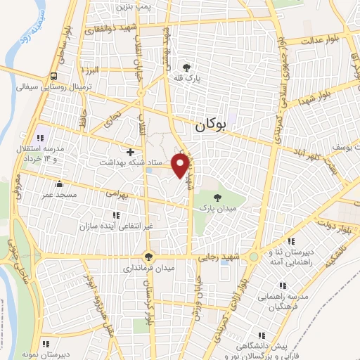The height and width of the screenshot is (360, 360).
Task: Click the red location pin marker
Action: click(181, 165)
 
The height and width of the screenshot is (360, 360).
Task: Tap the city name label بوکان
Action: click(210, 126)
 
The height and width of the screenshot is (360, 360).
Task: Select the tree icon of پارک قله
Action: click(188, 67)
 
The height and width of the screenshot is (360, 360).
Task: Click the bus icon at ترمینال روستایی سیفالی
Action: click(54, 77)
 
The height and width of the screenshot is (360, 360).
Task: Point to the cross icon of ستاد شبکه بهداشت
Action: click(130, 151)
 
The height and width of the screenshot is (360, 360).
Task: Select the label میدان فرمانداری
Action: click(148, 269)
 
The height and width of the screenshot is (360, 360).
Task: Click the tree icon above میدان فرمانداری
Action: click(148, 256)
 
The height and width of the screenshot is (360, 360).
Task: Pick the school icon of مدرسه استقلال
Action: click(40, 138)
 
